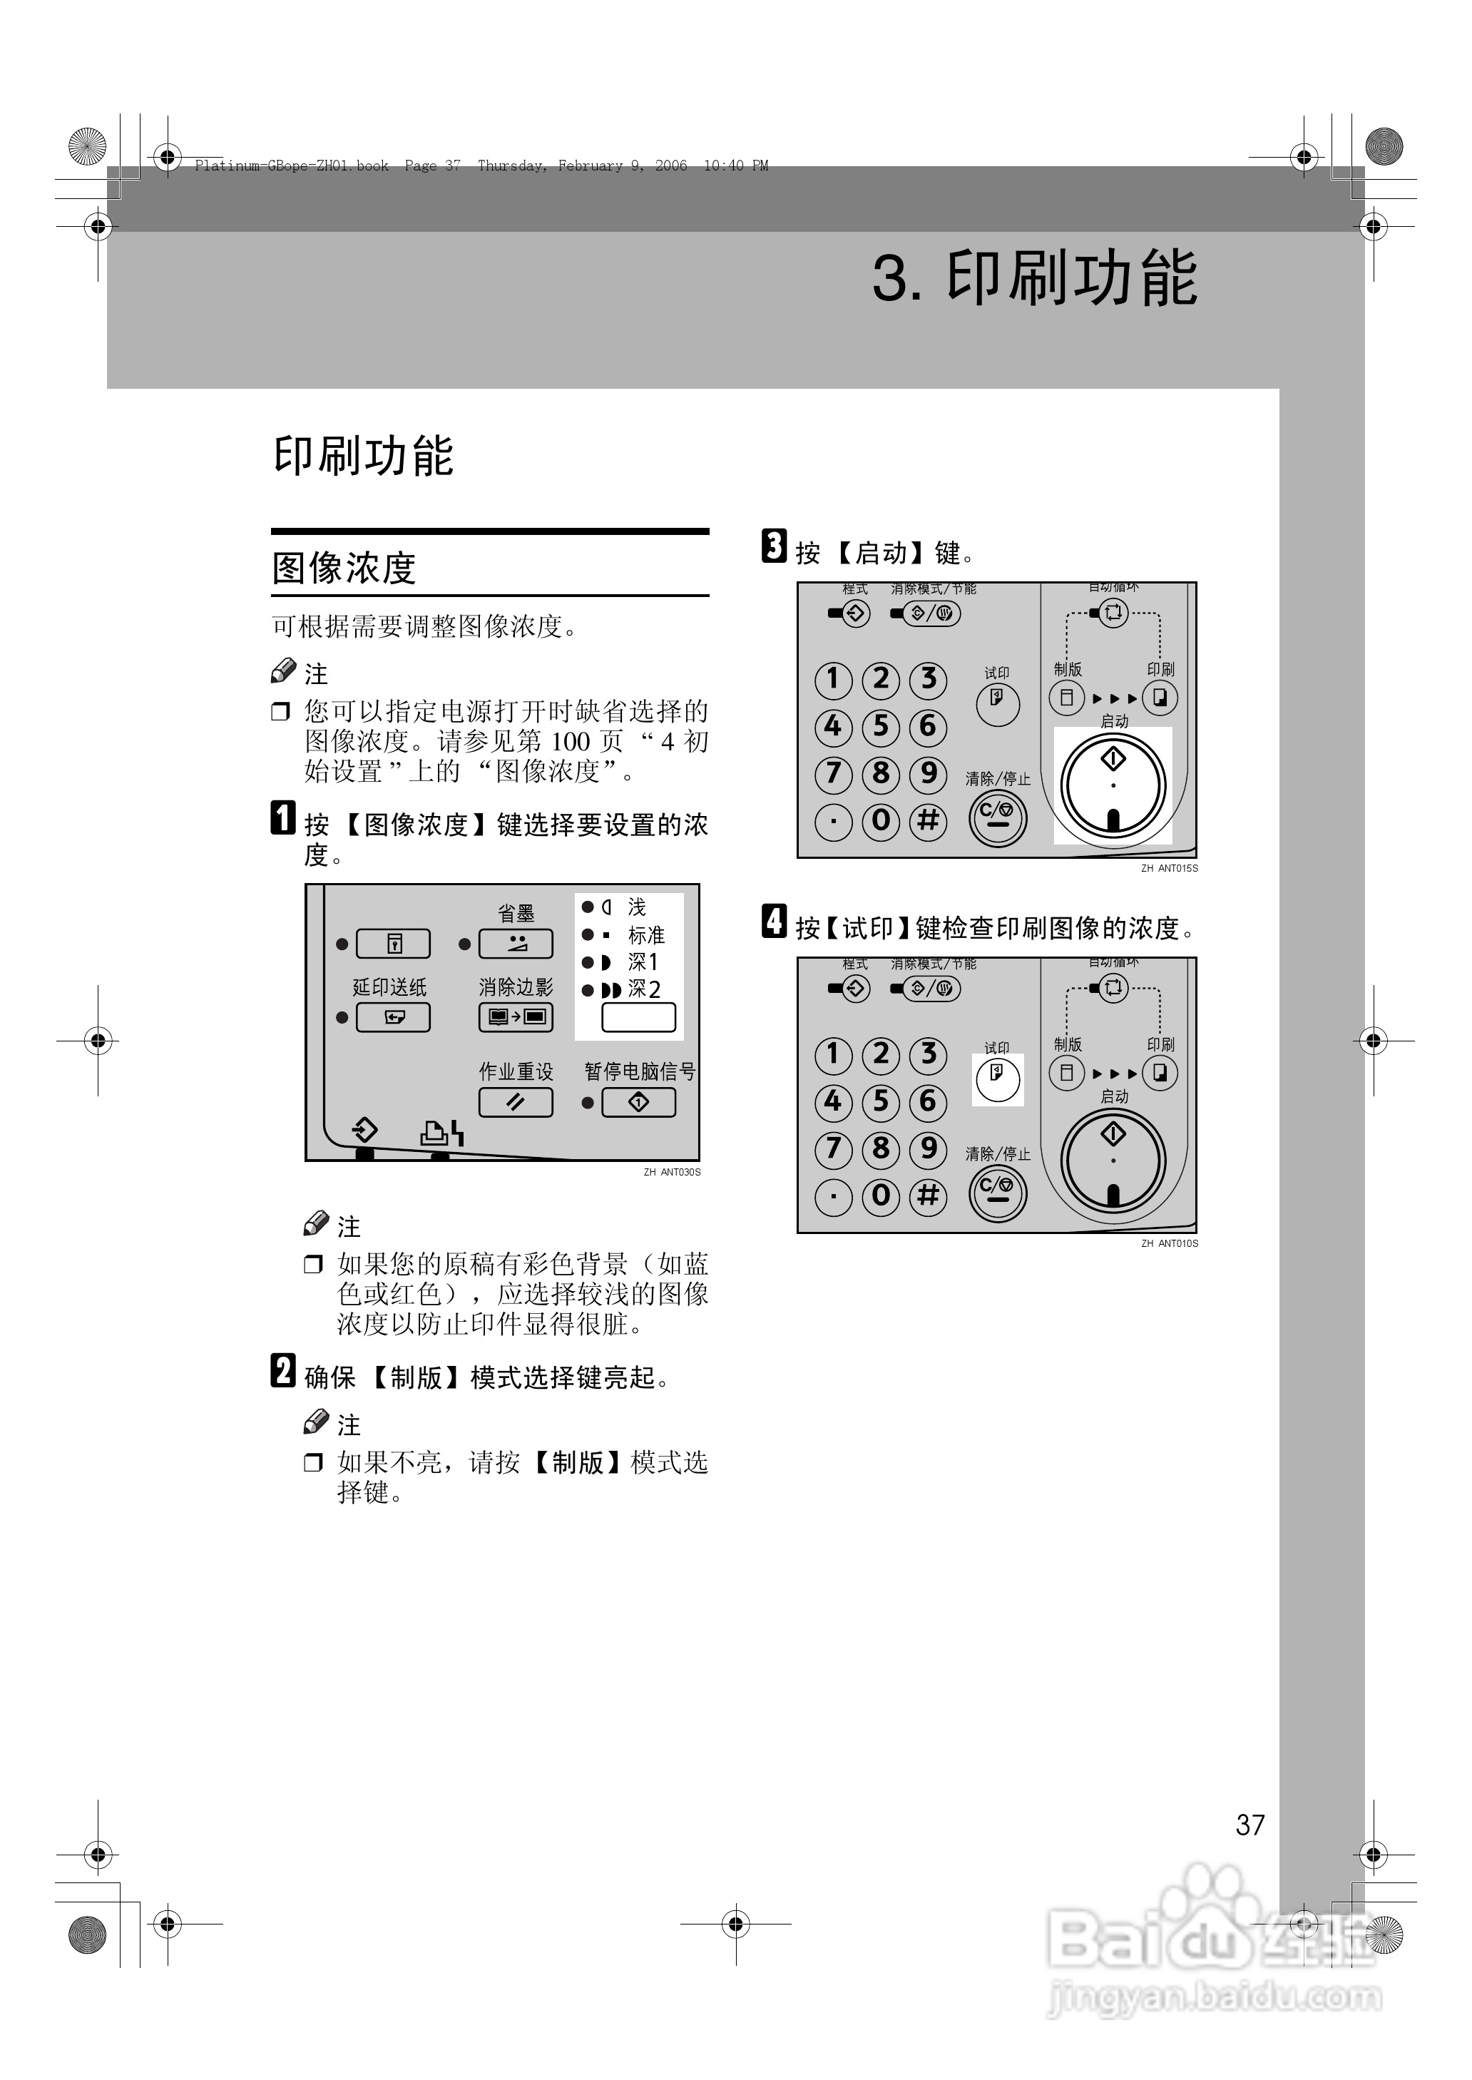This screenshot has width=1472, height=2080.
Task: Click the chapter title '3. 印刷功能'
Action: (1034, 277)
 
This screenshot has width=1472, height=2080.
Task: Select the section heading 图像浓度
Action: (344, 569)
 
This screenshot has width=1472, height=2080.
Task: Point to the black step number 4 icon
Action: (773, 921)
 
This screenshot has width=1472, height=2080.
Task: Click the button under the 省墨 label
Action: (515, 944)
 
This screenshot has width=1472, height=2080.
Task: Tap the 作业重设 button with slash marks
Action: (515, 1102)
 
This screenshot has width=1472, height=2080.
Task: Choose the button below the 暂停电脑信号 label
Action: (638, 1102)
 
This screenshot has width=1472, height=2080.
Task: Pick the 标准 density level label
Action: (646, 934)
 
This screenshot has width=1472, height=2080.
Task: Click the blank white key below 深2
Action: (638, 1017)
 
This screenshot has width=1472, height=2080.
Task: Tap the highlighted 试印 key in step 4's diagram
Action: (997, 1079)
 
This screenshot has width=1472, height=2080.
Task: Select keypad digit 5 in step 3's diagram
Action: (880, 727)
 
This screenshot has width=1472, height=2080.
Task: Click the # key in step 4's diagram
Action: (927, 1196)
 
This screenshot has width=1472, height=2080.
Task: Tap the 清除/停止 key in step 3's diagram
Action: (997, 817)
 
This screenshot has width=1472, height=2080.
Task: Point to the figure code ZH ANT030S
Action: (672, 1172)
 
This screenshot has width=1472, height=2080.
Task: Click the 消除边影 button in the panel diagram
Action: (515, 1017)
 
